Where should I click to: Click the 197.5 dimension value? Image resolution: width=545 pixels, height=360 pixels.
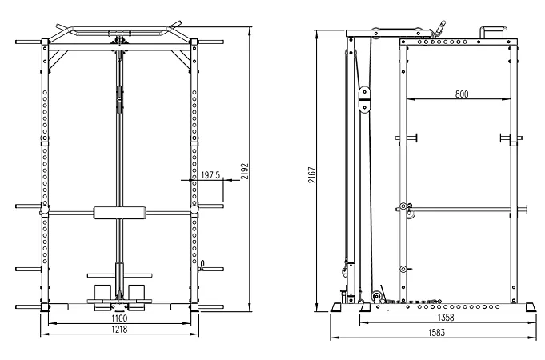(210, 174)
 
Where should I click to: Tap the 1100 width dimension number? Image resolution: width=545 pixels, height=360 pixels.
(119, 318)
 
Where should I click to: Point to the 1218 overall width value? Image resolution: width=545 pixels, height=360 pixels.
(119, 329)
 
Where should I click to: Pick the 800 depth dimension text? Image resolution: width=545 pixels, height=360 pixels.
(462, 94)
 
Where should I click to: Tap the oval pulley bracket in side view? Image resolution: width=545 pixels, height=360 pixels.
(366, 99)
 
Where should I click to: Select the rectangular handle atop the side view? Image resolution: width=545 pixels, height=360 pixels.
(491, 32)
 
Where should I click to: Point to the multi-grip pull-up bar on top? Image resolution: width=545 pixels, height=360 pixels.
(119, 33)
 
